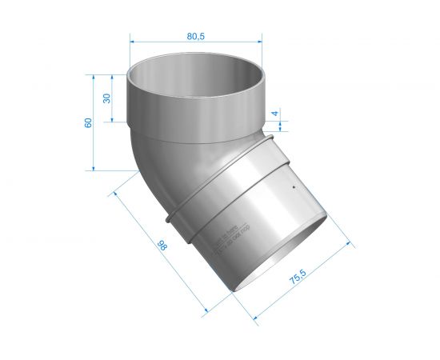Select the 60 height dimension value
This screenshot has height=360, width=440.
tap(88, 122)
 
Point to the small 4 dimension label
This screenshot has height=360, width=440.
tap(275, 114)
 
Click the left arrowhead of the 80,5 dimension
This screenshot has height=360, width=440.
tap(133, 42)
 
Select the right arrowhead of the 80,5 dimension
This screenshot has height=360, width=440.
tap(261, 42)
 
